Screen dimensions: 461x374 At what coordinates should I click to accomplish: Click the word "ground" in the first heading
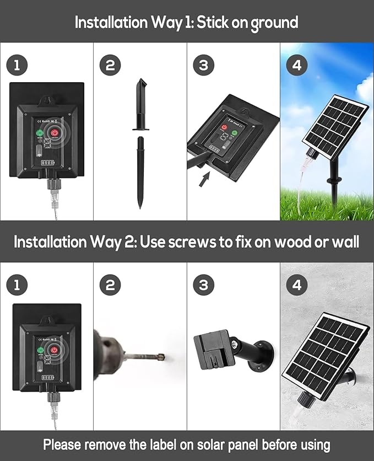(x=274, y=23)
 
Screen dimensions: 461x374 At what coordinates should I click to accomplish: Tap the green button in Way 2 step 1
(x=40, y=350)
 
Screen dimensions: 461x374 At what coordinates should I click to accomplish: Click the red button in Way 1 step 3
(x=225, y=128)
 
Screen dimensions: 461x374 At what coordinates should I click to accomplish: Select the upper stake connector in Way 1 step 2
(x=140, y=105)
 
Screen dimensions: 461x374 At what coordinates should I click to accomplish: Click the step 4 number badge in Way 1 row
(x=297, y=65)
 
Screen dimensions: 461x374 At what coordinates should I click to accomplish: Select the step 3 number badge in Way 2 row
(x=203, y=285)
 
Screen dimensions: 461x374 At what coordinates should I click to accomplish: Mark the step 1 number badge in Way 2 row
(x=17, y=285)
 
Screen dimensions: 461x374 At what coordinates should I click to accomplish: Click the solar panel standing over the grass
(x=335, y=126)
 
